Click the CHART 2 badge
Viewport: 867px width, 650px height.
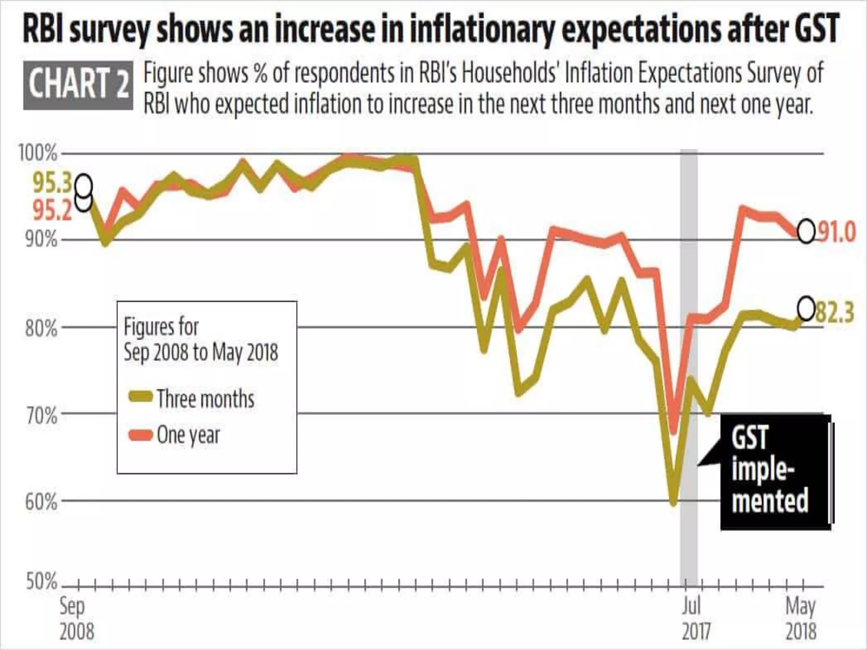(x=78, y=85)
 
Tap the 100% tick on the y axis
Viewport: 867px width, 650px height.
(x=38, y=153)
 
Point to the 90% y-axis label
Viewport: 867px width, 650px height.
(x=41, y=240)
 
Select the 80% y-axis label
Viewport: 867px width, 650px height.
(x=41, y=328)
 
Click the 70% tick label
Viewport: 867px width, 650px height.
(x=41, y=415)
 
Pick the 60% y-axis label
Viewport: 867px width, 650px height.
(x=41, y=502)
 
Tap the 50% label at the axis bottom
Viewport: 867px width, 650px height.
(x=41, y=582)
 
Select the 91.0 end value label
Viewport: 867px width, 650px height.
(x=836, y=232)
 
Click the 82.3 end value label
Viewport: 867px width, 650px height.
(x=834, y=312)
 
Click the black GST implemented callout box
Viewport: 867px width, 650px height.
(x=775, y=472)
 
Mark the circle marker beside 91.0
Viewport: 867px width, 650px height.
(x=806, y=231)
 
